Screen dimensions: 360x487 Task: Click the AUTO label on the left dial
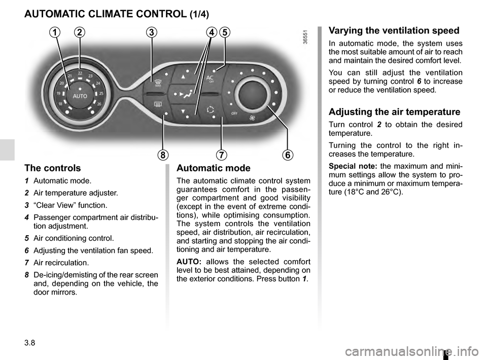(x=80, y=96)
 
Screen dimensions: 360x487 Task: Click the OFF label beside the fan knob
(x=234, y=113)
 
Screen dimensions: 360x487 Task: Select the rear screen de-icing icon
(x=157, y=104)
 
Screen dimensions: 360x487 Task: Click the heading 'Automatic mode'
(x=214, y=168)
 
